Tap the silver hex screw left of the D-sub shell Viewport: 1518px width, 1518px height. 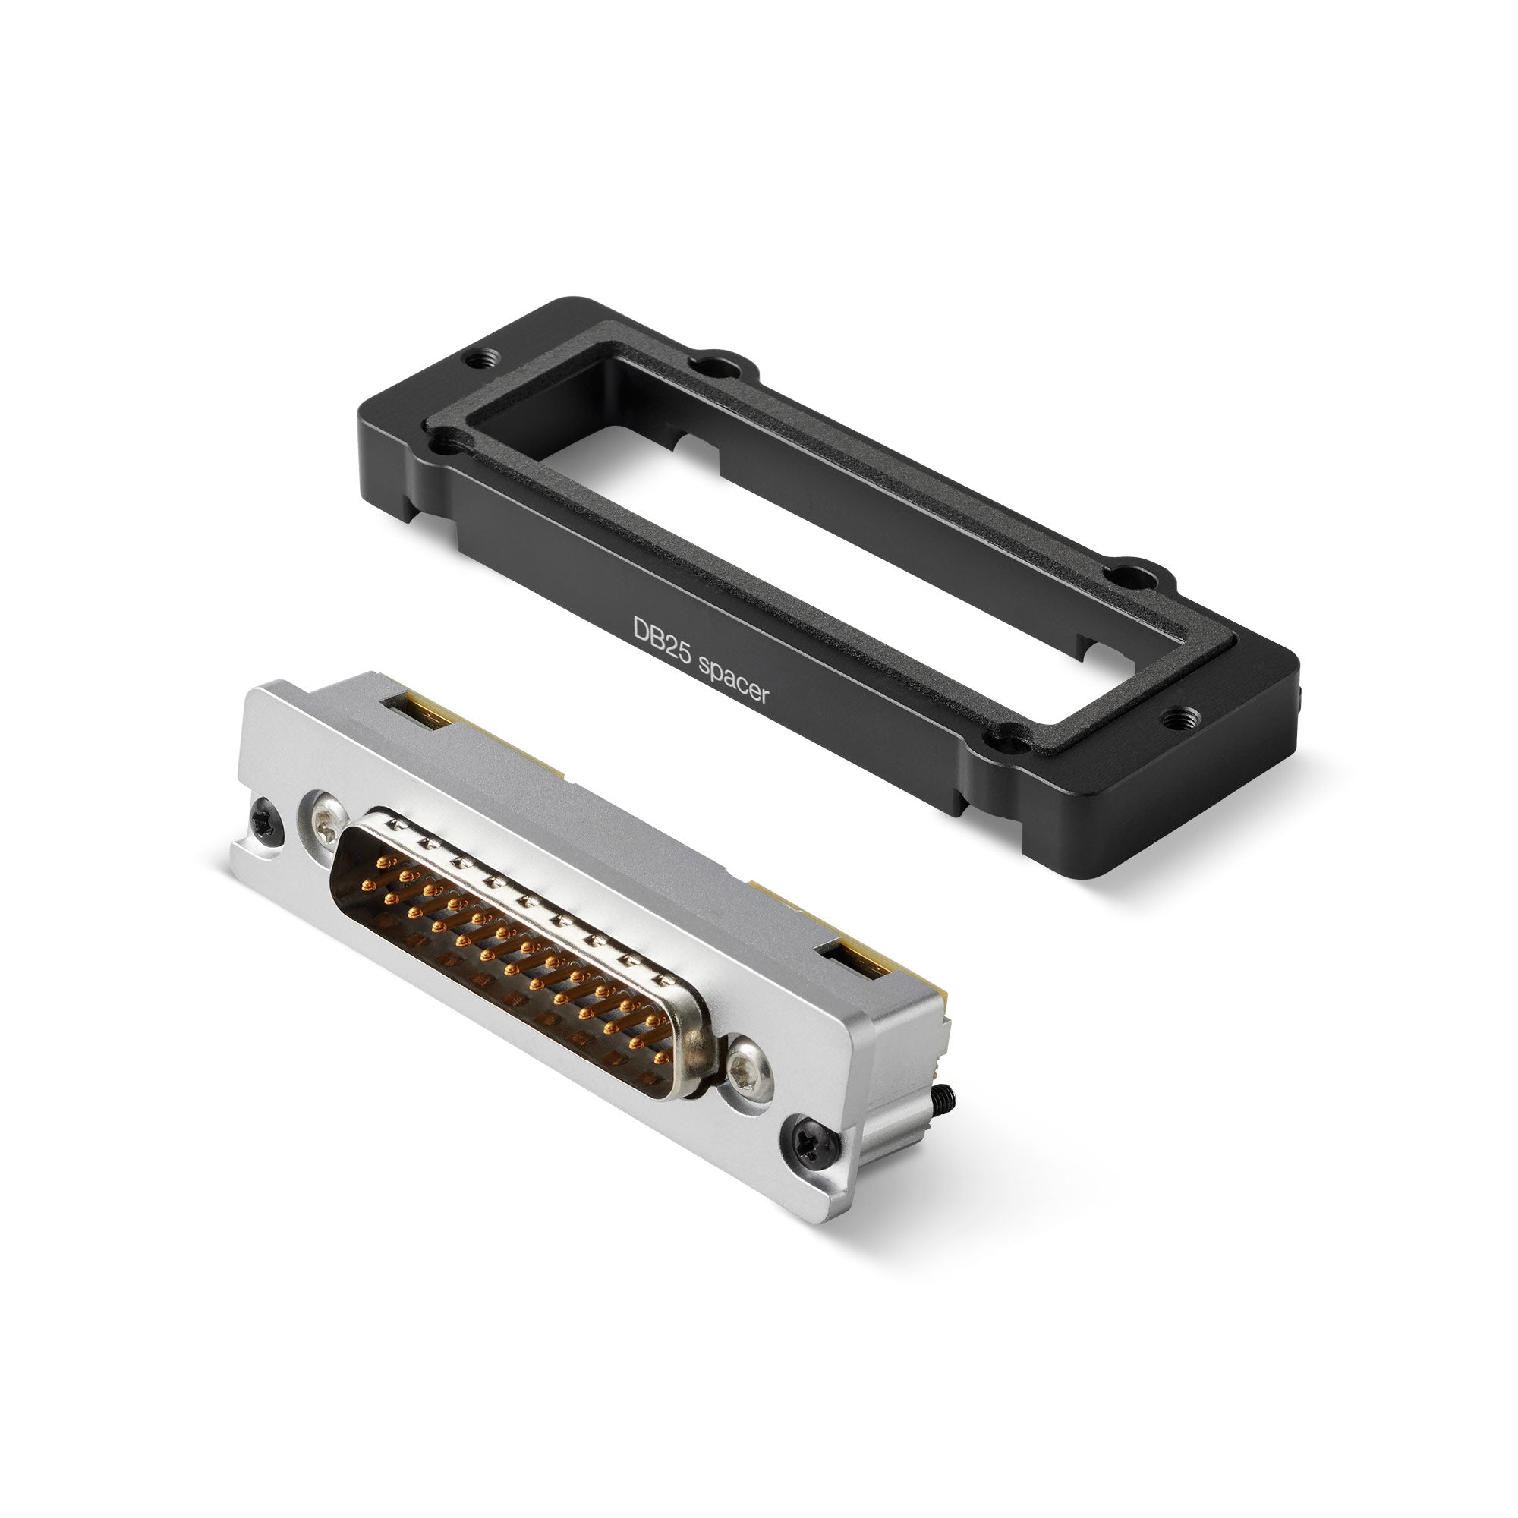pyautogui.click(x=325, y=823)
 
